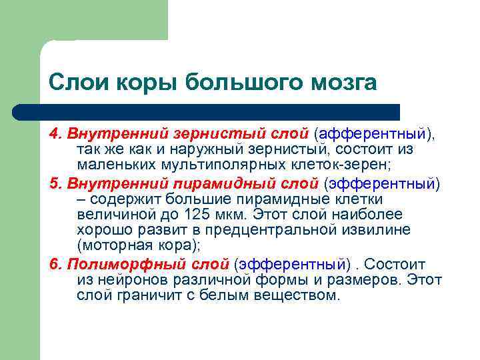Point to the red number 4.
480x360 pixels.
click(x=53, y=133)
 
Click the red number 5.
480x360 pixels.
click(x=53, y=183)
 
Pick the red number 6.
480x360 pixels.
click(x=53, y=264)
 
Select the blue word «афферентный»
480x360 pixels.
click(x=381, y=133)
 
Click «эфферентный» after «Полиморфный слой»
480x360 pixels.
click(x=293, y=264)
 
